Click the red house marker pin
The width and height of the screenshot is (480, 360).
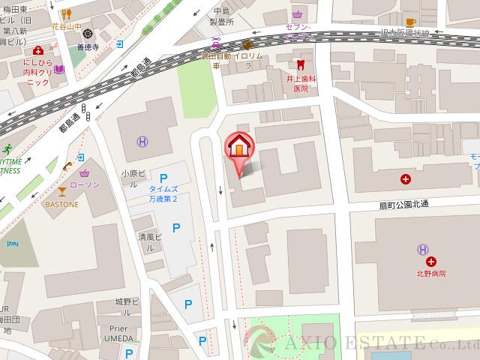pos(238,146)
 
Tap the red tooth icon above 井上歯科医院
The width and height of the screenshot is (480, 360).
pos(301,67)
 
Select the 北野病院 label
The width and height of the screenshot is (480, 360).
pos(432,274)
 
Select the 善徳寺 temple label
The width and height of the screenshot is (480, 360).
pos(109,46)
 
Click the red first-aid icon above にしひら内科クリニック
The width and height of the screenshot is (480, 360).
pos(37,50)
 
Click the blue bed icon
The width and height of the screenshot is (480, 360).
pos(12,244)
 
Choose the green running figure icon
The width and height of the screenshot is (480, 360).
pos(7,147)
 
